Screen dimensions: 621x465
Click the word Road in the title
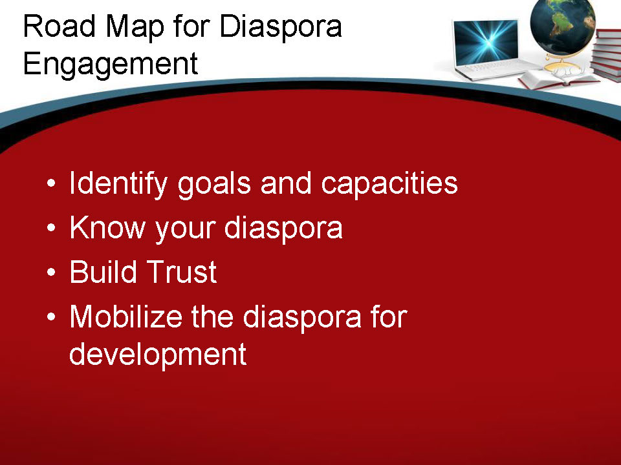(x=60, y=26)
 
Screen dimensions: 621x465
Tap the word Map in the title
(x=135, y=28)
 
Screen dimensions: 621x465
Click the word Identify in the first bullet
(x=118, y=184)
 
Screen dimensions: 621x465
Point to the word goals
(x=214, y=185)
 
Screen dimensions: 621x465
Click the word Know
(x=107, y=227)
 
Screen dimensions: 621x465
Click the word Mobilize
(x=126, y=316)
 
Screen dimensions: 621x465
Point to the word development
(x=158, y=355)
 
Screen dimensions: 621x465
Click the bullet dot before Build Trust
(x=51, y=273)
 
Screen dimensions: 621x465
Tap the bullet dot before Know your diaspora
(x=51, y=228)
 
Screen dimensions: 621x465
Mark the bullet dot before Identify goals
(x=51, y=183)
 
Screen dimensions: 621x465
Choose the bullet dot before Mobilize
(x=51, y=316)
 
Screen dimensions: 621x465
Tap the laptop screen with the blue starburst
(x=486, y=41)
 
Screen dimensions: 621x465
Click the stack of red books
(x=606, y=56)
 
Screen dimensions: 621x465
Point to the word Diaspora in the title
(x=281, y=27)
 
